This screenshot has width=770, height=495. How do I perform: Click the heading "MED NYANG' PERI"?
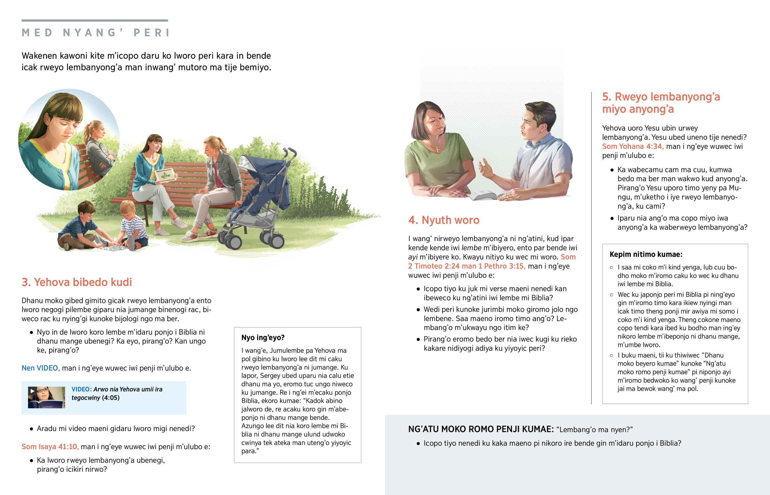(95, 32)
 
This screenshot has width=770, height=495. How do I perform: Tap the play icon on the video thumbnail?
(32, 390)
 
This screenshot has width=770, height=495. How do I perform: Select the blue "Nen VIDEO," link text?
(40, 368)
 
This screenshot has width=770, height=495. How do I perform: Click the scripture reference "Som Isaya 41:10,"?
(50, 447)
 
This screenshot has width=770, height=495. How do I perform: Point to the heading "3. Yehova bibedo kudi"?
(77, 282)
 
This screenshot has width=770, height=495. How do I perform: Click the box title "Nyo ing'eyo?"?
(263, 337)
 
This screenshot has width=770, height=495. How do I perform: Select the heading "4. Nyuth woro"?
(443, 220)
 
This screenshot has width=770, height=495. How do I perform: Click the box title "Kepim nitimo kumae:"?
(646, 254)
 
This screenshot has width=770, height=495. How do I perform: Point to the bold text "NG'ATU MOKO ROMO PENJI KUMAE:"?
(481, 429)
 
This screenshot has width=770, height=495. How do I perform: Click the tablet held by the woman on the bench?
(165, 175)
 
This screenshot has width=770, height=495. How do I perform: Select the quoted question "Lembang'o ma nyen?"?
(594, 430)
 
